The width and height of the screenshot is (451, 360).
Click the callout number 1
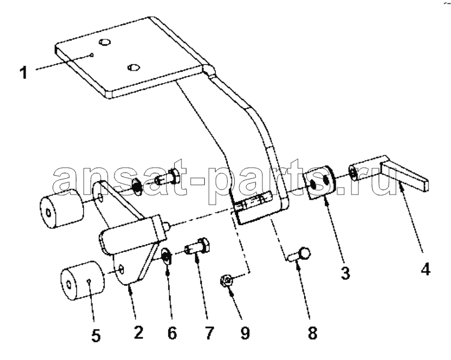pos(24,72)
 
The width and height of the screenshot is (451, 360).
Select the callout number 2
pos(138,333)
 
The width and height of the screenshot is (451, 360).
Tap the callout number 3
pos(345,273)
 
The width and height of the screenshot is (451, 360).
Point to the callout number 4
pos(425,269)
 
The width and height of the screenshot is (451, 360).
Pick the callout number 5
pos(95,335)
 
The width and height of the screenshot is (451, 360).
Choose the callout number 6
pos(172,333)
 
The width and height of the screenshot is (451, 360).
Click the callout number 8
pos(312,333)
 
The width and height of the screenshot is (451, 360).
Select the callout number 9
pos(245,333)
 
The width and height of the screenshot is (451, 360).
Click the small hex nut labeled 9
pos(226,280)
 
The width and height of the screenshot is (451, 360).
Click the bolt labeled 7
pos(197,246)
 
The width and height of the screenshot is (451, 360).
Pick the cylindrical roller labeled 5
pos(82,281)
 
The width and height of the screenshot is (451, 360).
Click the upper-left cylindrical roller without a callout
pos(62,208)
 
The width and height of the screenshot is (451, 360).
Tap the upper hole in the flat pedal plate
pos(105,42)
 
